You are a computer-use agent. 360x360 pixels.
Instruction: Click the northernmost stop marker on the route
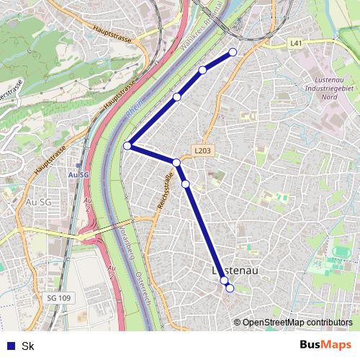233,52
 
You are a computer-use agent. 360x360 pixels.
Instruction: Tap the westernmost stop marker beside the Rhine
127,145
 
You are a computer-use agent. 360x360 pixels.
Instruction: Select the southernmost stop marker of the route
230,288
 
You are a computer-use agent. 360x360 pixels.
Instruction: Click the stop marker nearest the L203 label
176,163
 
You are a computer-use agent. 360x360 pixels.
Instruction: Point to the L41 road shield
295,43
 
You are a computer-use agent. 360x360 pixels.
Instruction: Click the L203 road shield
202,150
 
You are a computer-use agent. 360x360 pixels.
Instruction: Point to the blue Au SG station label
78,174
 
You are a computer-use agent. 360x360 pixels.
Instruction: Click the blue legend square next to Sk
8,346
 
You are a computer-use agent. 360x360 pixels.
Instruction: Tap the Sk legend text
28,346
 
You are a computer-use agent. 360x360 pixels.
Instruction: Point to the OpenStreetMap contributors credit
297,323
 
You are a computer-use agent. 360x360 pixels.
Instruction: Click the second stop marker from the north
203,70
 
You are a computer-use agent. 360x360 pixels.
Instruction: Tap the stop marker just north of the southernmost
224,280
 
